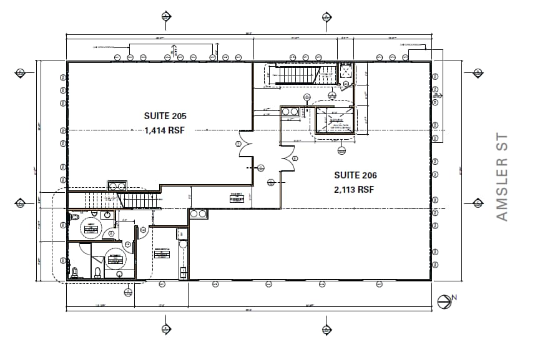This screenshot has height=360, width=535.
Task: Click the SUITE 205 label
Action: pos(165,116)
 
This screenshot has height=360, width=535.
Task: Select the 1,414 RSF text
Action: pos(165,130)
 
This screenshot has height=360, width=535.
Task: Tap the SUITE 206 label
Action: pos(355,175)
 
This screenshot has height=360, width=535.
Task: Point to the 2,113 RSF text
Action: pos(355,190)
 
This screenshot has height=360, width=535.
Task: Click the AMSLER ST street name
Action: pos(502,177)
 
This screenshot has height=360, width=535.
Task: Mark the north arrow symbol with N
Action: pos(445,302)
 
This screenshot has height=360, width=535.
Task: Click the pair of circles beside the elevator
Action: pos(290,112)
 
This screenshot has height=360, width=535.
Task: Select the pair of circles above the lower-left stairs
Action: pos(117,185)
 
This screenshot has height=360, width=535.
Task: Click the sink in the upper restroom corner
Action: pos(107,215)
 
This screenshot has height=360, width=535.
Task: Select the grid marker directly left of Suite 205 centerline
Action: pos(62,130)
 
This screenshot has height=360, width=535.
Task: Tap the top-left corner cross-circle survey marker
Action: pos(19,74)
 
